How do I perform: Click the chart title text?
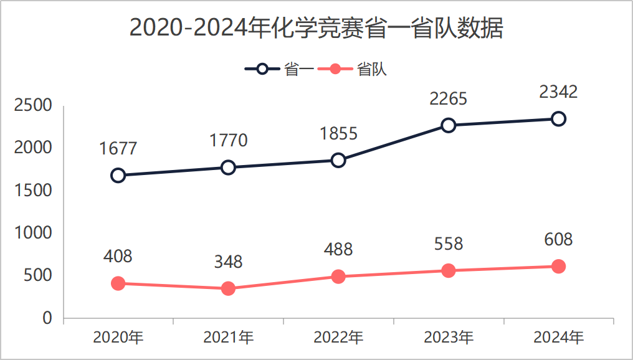tap(316, 29)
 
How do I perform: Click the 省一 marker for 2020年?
tap(118, 175)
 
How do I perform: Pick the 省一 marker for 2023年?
tap(449, 125)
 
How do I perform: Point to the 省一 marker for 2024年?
tap(558, 118)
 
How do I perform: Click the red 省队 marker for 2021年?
tap(228, 288)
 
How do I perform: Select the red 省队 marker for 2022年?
tap(338, 277)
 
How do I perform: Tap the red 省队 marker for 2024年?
tap(558, 267)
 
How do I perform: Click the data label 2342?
tap(558, 92)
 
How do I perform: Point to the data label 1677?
tap(118, 149)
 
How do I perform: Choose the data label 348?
tap(228, 262)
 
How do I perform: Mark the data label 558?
tap(449, 244)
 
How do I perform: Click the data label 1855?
tap(338, 134)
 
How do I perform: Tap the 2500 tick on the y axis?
tap(33, 105)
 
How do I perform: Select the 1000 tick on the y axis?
tap(33, 233)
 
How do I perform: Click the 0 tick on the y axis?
tap(47, 318)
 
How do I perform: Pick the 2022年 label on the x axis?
tap(338, 338)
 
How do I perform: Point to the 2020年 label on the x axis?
tap(118, 338)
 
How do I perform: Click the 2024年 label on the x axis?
tap(558, 338)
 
